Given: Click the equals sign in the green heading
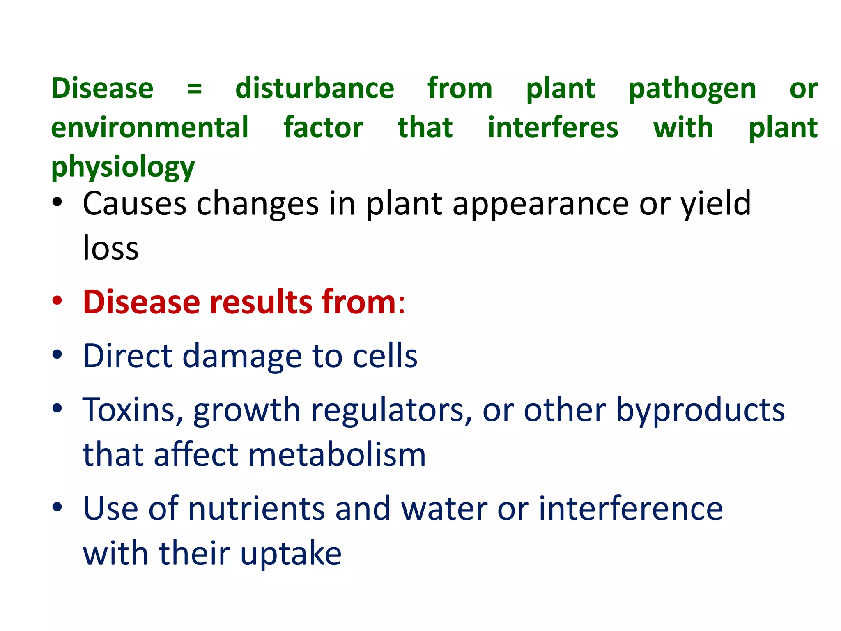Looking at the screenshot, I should click(x=194, y=88).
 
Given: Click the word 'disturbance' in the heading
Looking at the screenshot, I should click(x=315, y=88).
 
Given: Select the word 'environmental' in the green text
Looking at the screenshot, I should click(x=150, y=127).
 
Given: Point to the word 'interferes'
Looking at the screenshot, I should click(x=553, y=127).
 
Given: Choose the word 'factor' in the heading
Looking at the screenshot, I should click(x=323, y=127).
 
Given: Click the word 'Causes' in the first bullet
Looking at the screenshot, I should click(x=135, y=204).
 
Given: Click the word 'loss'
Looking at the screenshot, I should click(x=111, y=248).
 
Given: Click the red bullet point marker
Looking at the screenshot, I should click(x=57, y=301).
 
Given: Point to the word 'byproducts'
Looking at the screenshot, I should click(x=700, y=410).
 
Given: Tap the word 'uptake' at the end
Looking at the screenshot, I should click(x=291, y=554).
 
